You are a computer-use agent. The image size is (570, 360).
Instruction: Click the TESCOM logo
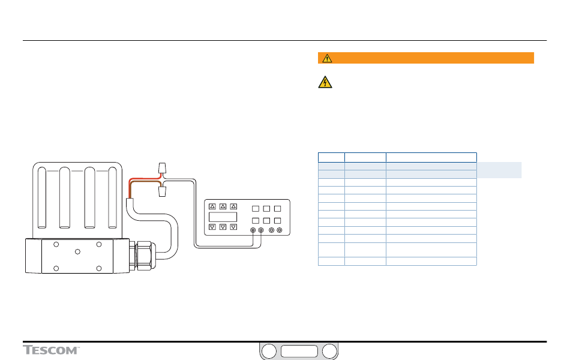(x=52, y=350)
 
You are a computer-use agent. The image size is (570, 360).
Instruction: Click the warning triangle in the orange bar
(x=326, y=58)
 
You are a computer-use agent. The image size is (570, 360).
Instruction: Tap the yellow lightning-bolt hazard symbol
(x=324, y=83)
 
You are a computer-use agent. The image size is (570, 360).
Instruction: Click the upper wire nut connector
(x=160, y=167)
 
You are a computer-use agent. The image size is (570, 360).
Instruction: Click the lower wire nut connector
(x=160, y=191)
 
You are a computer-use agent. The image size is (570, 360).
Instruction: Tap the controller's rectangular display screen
(x=223, y=217)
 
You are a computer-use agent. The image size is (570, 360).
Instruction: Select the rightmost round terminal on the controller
(x=280, y=230)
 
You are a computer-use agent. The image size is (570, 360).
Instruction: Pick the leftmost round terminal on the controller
(x=253, y=230)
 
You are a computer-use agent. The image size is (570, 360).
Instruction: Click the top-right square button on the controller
(x=277, y=209)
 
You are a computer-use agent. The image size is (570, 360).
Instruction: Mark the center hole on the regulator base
(x=77, y=253)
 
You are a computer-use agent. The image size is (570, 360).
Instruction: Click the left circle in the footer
(x=269, y=352)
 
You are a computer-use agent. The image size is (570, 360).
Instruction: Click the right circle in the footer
(x=329, y=352)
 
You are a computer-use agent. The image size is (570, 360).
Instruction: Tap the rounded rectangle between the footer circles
(x=299, y=352)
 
